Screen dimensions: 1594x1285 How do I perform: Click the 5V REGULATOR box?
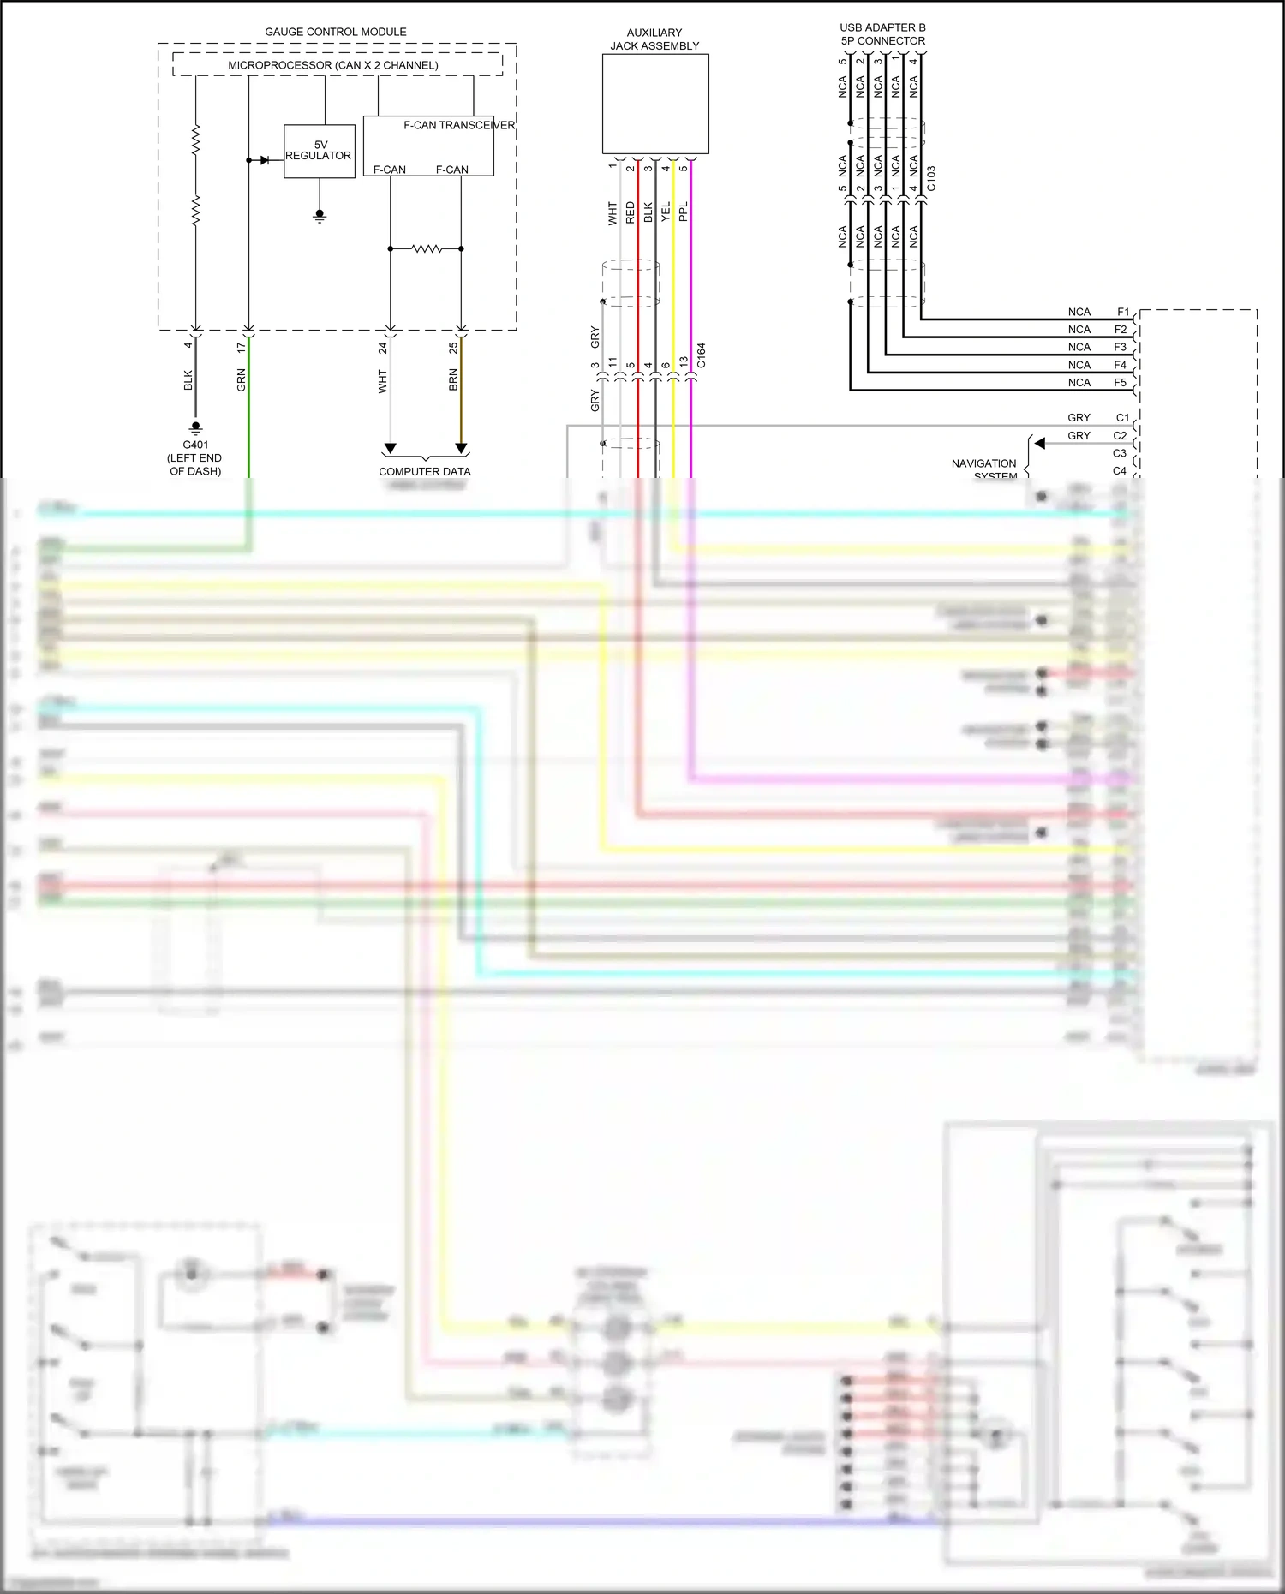click(319, 151)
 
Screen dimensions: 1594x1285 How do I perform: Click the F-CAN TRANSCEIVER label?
click(458, 125)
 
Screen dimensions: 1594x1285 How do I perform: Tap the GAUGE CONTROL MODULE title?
click(335, 32)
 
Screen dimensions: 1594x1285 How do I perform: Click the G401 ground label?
click(195, 445)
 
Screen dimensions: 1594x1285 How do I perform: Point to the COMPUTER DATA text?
click(425, 471)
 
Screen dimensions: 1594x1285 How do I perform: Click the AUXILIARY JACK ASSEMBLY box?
click(654, 104)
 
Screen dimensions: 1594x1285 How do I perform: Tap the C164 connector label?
click(702, 355)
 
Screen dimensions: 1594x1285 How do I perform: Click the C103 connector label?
click(931, 179)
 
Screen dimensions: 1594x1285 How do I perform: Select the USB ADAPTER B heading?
click(882, 27)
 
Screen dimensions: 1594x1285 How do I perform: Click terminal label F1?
click(1122, 312)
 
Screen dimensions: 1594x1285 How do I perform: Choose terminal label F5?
click(1120, 383)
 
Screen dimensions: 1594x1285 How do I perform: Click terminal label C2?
click(1120, 436)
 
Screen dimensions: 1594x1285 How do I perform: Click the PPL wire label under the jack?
click(684, 212)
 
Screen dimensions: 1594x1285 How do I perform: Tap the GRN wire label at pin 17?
click(242, 380)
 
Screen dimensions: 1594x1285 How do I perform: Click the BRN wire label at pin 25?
click(453, 380)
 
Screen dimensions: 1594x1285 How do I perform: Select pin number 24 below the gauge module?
click(383, 348)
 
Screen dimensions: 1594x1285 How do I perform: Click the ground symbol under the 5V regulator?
click(320, 215)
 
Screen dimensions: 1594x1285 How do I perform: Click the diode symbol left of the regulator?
click(264, 160)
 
